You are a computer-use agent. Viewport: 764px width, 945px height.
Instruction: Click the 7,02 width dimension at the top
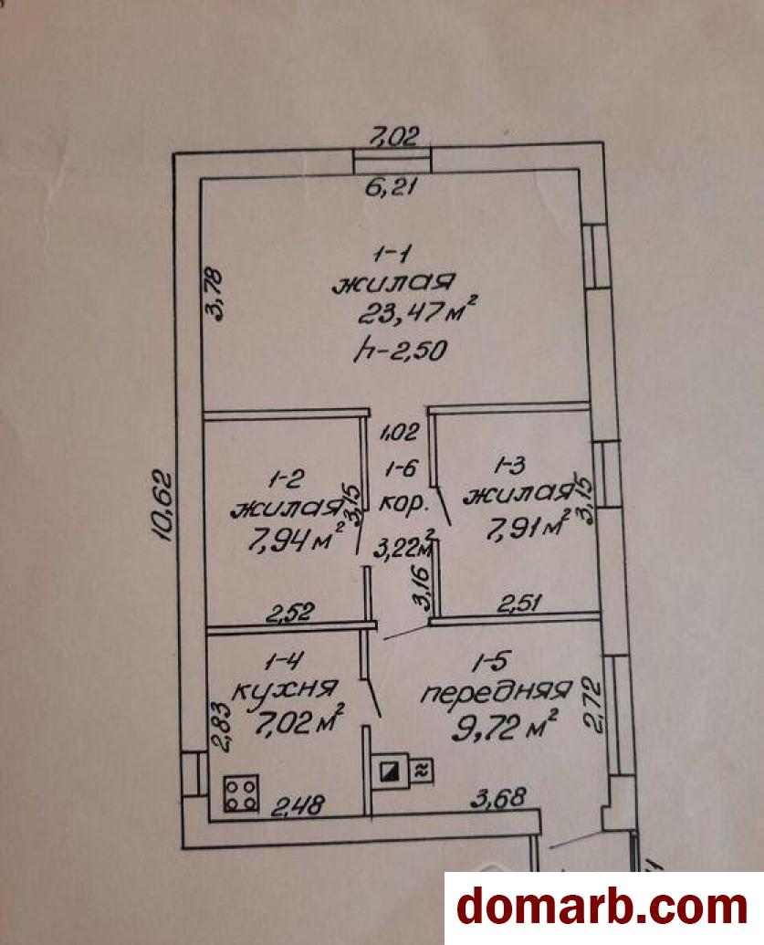[x=394, y=136]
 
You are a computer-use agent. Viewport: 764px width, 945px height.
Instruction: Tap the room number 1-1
[x=392, y=255]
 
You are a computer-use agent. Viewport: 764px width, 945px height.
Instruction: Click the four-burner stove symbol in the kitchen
[x=242, y=793]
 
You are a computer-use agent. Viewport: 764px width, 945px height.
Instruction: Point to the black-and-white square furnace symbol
[x=389, y=771]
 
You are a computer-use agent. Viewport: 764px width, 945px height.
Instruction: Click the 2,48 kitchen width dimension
[x=298, y=805]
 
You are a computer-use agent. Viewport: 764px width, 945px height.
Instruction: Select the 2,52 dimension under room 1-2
[x=290, y=613]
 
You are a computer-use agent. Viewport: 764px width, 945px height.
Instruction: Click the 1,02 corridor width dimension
[x=399, y=432]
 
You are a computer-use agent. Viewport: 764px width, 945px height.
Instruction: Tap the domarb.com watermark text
[x=602, y=908]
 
